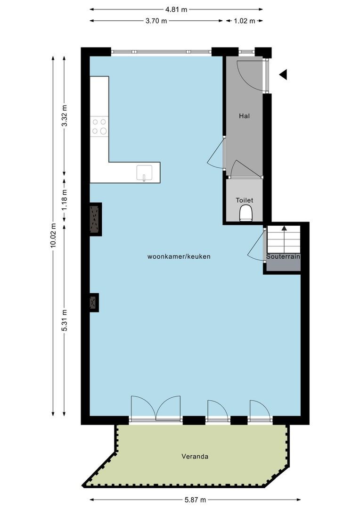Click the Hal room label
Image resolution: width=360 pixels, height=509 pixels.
point(244,116)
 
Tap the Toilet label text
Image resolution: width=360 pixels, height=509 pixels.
point(244,200)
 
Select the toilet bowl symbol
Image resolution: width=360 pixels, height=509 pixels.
point(246,213)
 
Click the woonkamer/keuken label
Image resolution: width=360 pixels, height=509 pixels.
point(179,256)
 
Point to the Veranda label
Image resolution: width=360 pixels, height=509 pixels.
point(195,456)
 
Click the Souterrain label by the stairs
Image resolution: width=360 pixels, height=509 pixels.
point(283,256)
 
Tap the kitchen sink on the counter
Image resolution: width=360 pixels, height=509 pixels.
point(145,172)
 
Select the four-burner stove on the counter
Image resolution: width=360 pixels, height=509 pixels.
point(99,127)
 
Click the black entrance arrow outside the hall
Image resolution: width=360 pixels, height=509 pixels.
point(283,74)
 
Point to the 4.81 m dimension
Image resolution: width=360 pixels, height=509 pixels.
point(176,9)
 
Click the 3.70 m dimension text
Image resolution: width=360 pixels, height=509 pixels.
point(156,21)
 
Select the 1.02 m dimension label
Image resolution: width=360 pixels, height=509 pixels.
point(245,21)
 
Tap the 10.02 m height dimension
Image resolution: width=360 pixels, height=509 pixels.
point(54,235)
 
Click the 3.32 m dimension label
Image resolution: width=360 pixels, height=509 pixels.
point(65,116)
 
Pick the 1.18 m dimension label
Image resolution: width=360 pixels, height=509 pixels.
point(65,200)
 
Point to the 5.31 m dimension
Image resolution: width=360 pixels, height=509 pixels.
point(65,320)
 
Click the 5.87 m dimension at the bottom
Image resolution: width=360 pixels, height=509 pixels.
point(195,500)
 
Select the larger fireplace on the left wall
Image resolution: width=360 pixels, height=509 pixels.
point(96,219)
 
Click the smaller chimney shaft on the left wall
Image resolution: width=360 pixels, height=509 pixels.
point(94,303)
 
